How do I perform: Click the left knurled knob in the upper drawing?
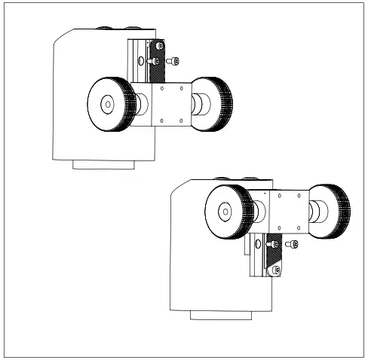[x=107, y=104]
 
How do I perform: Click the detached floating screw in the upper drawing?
[x=175, y=60]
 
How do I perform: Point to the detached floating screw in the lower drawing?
[x=293, y=244]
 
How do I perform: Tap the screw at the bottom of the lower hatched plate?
[x=277, y=270]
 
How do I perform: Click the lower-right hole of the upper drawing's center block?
[x=182, y=120]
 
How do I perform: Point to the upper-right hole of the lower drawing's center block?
[x=299, y=195]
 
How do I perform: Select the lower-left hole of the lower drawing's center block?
[x=281, y=227]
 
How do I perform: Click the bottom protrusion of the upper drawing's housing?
[x=103, y=163]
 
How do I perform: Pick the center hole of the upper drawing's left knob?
[x=107, y=104]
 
